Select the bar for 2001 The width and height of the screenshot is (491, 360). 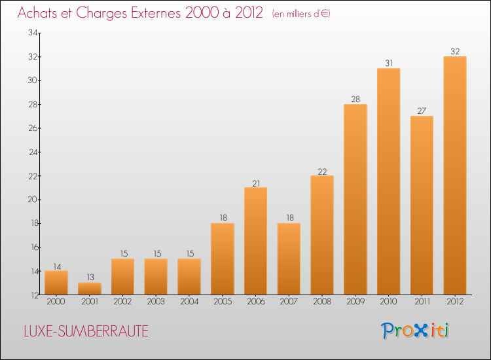89,289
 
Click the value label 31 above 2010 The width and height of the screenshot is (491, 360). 388,63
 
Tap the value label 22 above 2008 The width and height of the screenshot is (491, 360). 322,171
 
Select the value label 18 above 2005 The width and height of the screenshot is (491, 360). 222,219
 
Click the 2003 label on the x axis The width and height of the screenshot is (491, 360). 156,302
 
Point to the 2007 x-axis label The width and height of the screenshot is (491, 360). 289,302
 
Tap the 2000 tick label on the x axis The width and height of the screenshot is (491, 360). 56,302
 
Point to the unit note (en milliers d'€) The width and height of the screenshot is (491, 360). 301,14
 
